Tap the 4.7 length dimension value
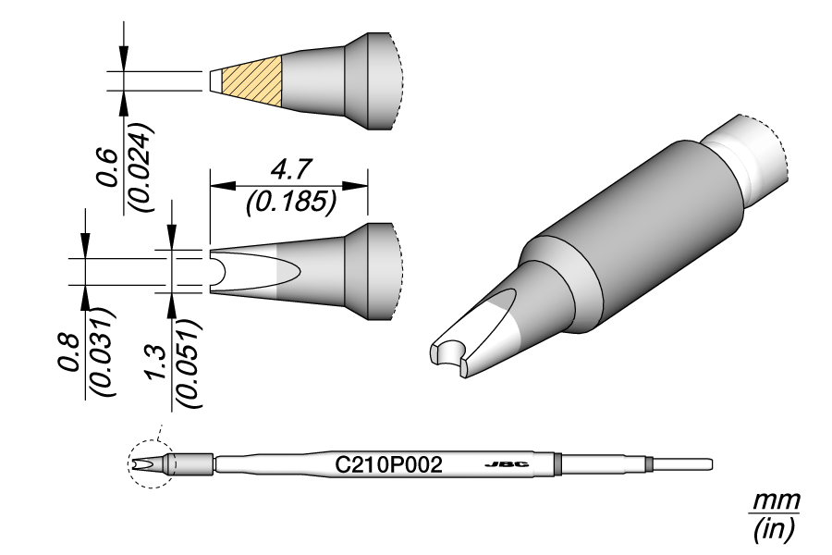click(289, 171)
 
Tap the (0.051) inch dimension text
click(189, 363)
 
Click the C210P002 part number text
click(389, 463)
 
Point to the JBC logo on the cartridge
click(507, 463)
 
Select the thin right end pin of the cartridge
click(684, 462)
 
